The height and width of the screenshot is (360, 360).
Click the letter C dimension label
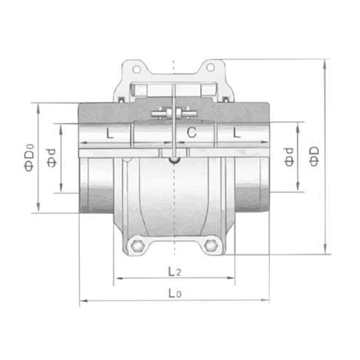point(191,133)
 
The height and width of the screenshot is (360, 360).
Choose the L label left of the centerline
point(109,134)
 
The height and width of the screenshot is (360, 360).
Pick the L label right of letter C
point(237,134)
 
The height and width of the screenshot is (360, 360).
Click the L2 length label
point(174,271)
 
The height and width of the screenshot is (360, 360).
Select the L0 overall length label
point(174,293)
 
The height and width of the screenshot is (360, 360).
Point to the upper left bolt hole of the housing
point(137,69)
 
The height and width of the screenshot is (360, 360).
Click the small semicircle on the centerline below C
point(174,160)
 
